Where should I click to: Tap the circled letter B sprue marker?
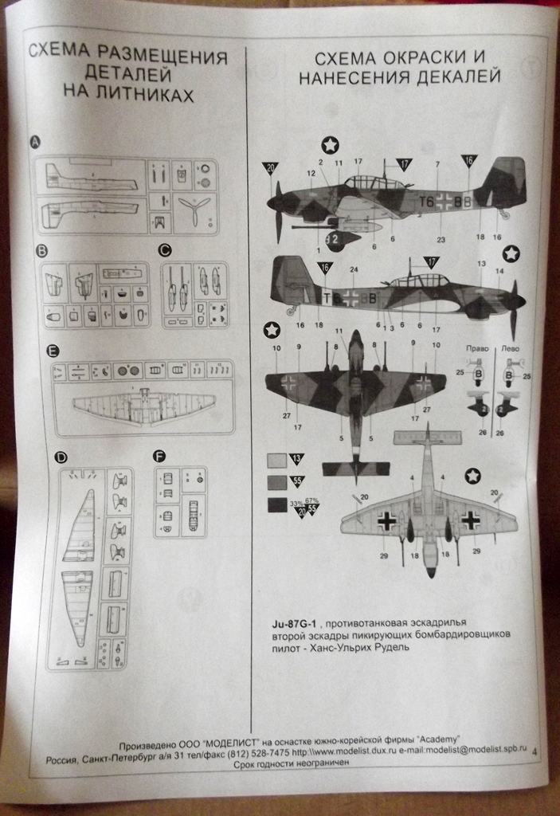[x=41, y=251]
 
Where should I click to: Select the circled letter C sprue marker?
[x=165, y=250]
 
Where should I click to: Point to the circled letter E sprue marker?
[x=53, y=351]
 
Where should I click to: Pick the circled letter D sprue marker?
[x=60, y=457]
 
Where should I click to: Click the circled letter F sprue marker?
[x=159, y=457]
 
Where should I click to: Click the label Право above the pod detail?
[x=478, y=349]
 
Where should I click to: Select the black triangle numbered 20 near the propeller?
[x=271, y=168]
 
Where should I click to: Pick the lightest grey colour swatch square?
[x=276, y=460]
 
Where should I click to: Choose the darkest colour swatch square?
[x=276, y=504]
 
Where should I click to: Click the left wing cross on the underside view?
[x=386, y=521]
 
